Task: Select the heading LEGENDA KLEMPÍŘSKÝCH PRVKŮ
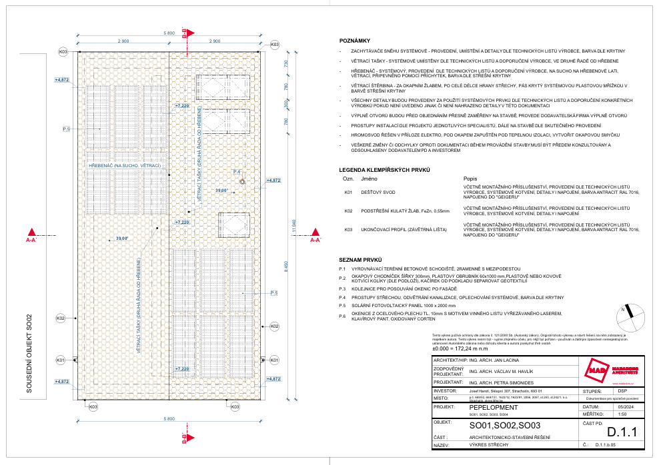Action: pyautogui.click(x=383, y=171)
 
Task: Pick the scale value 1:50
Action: pyautogui.click(x=604, y=413)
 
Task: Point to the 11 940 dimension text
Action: pyautogui.click(x=294, y=229)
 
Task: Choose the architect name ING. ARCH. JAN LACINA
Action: pyautogui.click(x=496, y=360)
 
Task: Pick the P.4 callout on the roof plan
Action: pyautogui.click(x=237, y=172)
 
